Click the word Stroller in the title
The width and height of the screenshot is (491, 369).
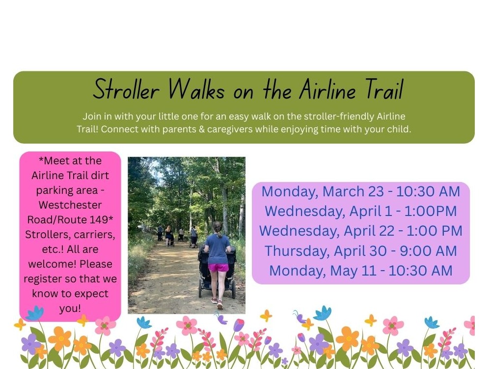coord(126,90)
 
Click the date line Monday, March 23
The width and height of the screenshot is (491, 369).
coord(360,191)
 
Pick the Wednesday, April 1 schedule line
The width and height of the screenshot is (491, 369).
coord(360,211)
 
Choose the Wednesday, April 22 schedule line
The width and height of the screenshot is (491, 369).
coord(360,231)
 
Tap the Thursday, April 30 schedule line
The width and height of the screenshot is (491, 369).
coord(360,251)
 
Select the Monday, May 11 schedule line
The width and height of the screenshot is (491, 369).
coord(360,271)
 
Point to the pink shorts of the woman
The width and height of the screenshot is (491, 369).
coord(218,267)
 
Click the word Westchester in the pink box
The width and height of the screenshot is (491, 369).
coord(70,205)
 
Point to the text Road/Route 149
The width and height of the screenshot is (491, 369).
coord(70,219)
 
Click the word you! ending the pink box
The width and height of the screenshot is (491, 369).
coord(70,308)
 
